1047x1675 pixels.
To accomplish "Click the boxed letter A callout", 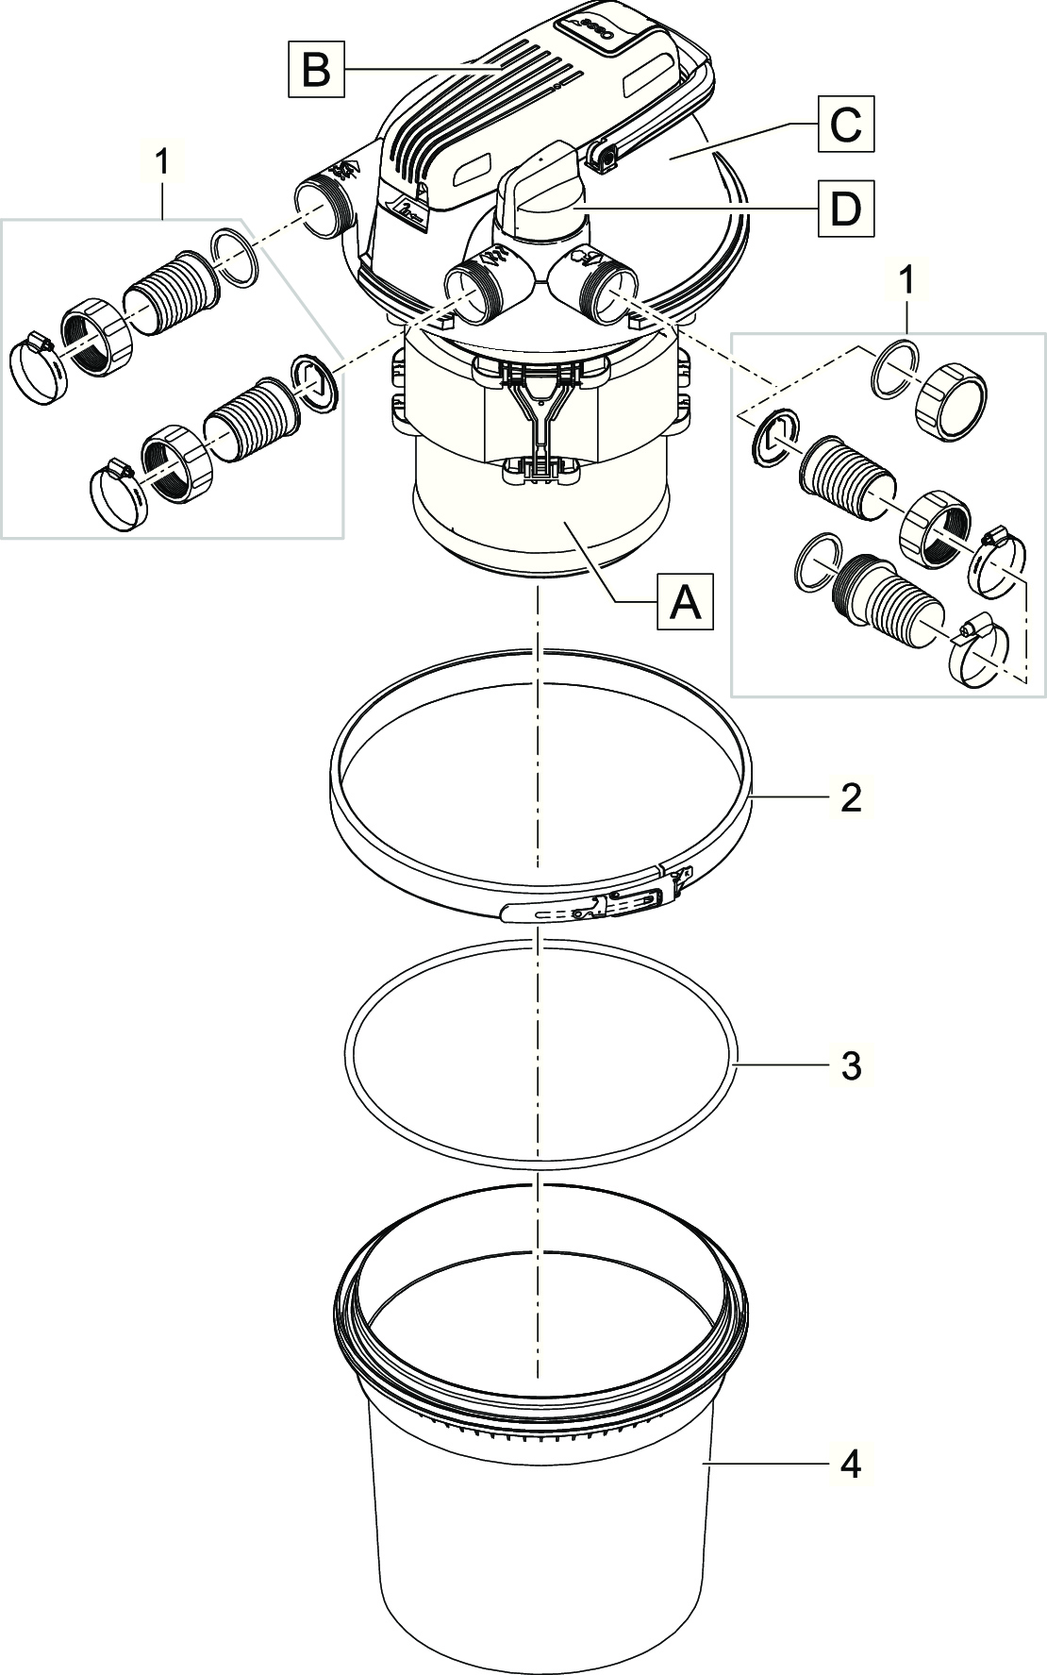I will (686, 602).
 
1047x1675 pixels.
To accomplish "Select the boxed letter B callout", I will (317, 69).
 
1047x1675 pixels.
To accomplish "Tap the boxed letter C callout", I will (845, 124).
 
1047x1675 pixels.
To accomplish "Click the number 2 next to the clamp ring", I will (850, 797).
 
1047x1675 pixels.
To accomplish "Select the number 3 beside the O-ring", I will (850, 1066).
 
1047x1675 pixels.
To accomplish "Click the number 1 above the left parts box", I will (162, 161).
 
